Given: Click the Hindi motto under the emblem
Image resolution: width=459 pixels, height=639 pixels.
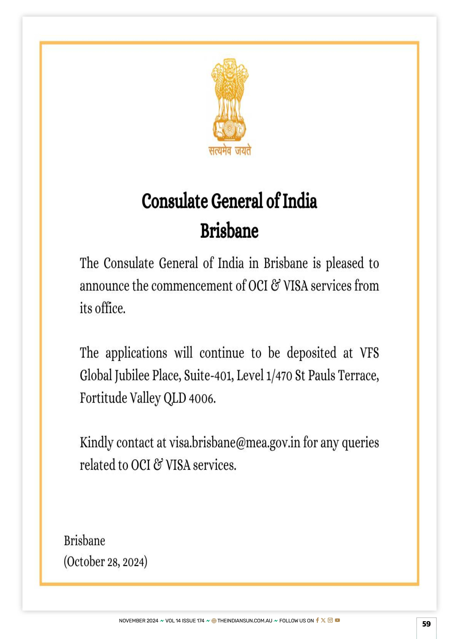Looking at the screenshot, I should pyautogui.click(x=230, y=151).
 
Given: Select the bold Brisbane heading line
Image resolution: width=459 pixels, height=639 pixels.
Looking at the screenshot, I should pyautogui.click(x=229, y=231).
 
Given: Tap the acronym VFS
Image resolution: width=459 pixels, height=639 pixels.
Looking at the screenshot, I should pyautogui.click(x=369, y=353).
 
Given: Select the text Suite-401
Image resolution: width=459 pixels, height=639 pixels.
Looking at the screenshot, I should pyautogui.click(x=208, y=376).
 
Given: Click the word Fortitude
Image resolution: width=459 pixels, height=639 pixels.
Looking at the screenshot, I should pyautogui.click(x=103, y=398).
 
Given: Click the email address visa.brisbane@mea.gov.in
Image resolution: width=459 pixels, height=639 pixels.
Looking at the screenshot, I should pyautogui.click(x=234, y=443).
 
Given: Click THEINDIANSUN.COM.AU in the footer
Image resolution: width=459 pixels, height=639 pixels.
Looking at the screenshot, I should pyautogui.click(x=245, y=621).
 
